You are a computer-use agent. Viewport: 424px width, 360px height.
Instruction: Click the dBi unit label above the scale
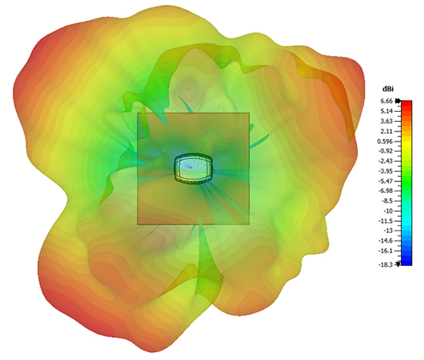point(388,89)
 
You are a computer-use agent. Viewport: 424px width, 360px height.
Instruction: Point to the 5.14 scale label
point(387,111)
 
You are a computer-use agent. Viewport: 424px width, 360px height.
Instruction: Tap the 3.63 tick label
point(387,121)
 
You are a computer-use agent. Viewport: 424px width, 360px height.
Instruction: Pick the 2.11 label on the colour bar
point(387,131)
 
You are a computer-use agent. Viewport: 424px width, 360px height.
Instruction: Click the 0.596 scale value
point(385,141)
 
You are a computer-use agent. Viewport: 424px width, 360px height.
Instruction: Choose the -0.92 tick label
point(386,152)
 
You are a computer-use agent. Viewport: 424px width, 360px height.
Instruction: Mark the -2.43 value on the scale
point(386,161)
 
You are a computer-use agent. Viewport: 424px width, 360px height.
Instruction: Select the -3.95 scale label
point(386,171)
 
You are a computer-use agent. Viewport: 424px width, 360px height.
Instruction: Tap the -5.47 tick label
point(386,181)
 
